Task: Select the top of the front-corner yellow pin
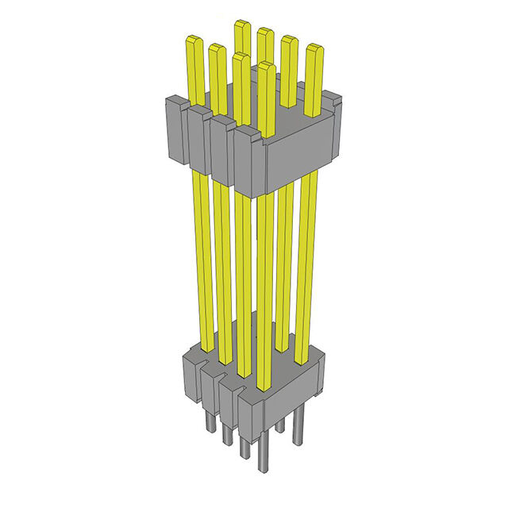tap(267, 65)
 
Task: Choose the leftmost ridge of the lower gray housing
tap(192, 373)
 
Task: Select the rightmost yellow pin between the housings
tap(307, 262)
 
